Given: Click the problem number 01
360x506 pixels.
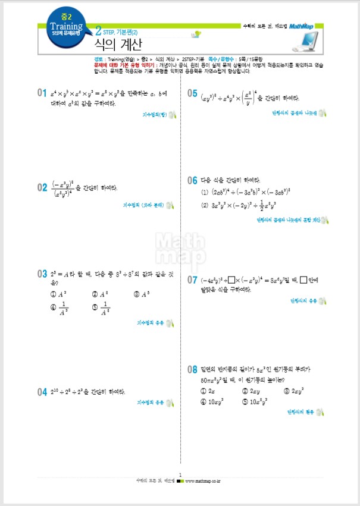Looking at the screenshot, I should click(42, 93).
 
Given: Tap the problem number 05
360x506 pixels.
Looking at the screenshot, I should click(192, 93).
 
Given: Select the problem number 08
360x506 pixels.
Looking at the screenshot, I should click(192, 369).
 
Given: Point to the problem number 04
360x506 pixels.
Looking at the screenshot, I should click(42, 392).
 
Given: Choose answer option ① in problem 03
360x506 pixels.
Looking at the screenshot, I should click(54, 294).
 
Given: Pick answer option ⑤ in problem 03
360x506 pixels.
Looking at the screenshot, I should click(95, 307).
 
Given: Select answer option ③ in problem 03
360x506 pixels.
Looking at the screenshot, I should click(136, 294).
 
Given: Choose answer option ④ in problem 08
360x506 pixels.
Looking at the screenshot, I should click(204, 401).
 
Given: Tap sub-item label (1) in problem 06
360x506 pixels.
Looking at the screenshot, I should click(205, 192).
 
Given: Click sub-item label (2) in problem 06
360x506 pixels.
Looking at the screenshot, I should click(205, 206).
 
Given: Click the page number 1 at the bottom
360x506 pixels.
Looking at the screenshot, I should click(180, 474).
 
